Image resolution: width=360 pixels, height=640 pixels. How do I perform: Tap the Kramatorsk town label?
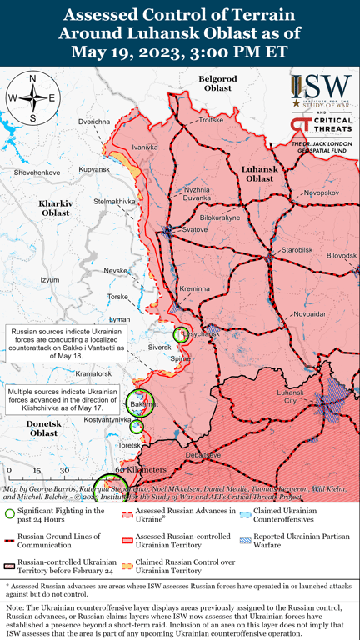coord(93,374)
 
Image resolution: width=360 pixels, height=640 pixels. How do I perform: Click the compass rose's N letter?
coord(32,78)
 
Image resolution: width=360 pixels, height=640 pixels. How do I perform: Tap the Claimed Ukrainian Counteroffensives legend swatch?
coord(245,514)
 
